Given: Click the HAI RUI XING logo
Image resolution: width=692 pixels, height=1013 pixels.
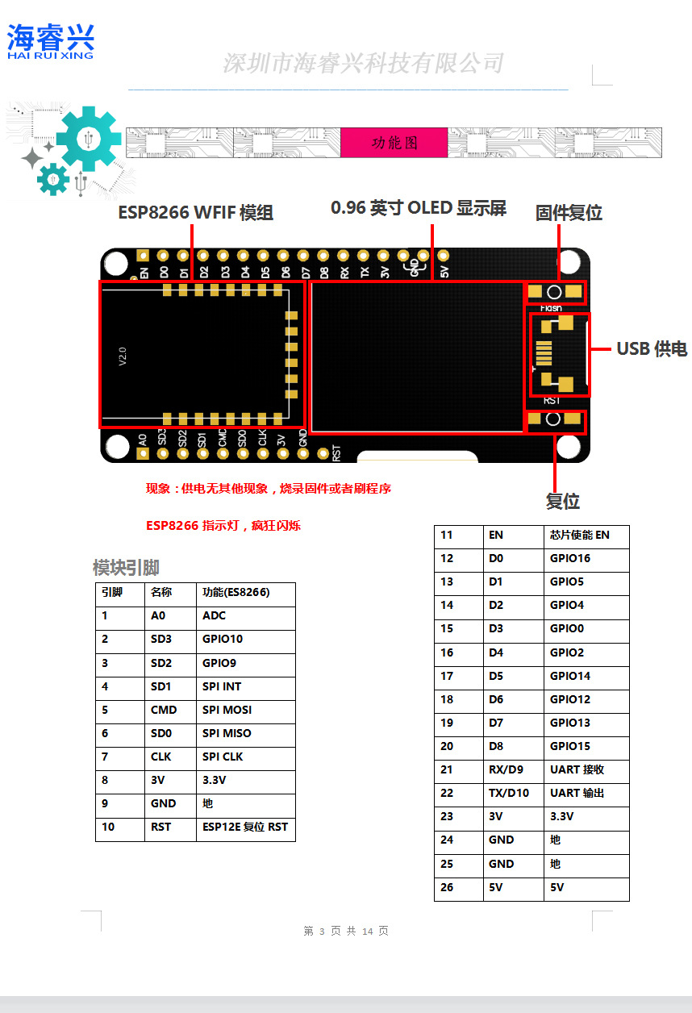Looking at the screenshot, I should [51, 41].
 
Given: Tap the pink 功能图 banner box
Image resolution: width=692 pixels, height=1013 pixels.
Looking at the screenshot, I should [394, 143].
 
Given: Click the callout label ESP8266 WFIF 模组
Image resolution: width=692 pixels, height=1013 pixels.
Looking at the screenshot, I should [196, 212].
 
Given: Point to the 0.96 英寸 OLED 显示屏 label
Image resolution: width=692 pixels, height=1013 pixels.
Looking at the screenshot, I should [418, 208].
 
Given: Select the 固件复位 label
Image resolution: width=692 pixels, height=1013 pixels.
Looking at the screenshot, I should [569, 213].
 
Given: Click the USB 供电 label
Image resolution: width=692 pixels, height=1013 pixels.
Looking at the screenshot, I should [651, 348].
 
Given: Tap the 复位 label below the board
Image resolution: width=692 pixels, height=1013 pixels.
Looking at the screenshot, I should [562, 501].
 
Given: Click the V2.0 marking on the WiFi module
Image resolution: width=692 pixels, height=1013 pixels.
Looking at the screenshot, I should [123, 356].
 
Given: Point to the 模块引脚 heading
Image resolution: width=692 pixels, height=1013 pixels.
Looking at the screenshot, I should [125, 568].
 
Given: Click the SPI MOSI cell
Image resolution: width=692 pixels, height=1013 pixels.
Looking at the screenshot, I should [227, 711].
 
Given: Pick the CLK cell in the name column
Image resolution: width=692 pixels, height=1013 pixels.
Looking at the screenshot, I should [160, 757].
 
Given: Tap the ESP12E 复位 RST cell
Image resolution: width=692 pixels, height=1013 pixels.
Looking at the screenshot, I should [244, 827].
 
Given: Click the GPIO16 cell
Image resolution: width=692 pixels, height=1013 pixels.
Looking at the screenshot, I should [569, 558].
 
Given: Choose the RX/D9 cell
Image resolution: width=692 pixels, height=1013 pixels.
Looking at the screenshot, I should [506, 769].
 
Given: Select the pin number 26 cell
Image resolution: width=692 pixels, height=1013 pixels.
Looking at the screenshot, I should [447, 887].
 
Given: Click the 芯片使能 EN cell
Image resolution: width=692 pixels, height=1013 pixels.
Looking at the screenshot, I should [579, 535].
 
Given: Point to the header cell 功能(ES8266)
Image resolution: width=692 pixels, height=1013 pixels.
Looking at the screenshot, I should [236, 592].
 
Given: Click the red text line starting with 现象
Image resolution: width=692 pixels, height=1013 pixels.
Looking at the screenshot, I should [268, 489].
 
